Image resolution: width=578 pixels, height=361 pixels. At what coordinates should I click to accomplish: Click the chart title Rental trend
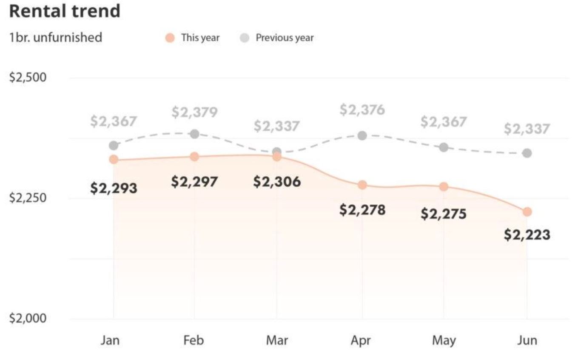64,11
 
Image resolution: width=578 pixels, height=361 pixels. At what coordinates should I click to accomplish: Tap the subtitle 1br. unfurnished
56,37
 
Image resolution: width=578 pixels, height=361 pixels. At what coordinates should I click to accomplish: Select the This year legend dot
170,38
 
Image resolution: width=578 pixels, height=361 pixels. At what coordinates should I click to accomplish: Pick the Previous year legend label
285,38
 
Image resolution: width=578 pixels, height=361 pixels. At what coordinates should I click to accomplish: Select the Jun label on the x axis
527,340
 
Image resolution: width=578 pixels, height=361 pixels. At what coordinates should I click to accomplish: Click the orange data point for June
527,212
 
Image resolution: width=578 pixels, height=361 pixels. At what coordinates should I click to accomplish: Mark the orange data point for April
362,185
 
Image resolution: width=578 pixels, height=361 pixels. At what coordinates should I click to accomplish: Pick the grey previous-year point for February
195,134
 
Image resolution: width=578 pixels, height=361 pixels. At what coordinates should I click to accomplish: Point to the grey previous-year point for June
527,153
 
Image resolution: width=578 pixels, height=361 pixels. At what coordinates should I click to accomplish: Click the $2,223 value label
527,234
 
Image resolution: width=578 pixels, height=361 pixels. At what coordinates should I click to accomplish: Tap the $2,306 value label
277,182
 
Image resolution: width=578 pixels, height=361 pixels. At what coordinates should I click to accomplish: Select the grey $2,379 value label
195,113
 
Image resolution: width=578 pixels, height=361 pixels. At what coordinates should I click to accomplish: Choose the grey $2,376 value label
362,110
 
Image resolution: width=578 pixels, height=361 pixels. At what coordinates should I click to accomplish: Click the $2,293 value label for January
114,188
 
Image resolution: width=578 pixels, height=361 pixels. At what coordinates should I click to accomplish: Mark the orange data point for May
444,186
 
